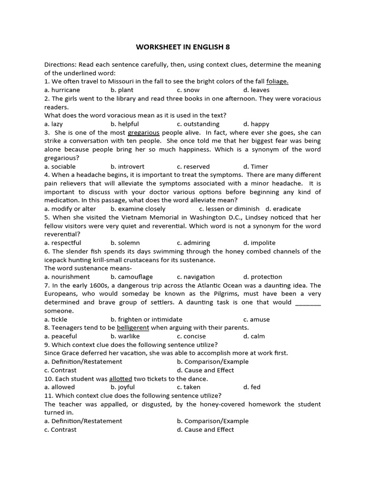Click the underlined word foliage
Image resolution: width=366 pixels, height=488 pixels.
click(277, 81)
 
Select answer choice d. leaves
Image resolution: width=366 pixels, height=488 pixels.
click(256, 90)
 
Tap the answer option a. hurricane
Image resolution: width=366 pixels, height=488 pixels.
click(62, 90)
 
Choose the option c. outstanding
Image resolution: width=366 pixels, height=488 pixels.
click(198, 124)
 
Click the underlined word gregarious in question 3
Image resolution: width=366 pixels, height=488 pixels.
click(143, 132)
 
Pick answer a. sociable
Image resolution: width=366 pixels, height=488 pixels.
click(60, 167)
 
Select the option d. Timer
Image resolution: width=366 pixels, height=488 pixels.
click(255, 167)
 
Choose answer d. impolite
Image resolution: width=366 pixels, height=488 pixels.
click(259, 243)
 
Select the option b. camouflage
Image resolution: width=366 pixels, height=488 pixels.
click(132, 277)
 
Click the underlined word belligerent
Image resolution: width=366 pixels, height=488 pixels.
click(133, 328)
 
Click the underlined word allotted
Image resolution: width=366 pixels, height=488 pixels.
click(121, 379)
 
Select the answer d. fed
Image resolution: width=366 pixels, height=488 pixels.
click(252, 387)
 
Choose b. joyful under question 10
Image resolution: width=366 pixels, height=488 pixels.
click(122, 387)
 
